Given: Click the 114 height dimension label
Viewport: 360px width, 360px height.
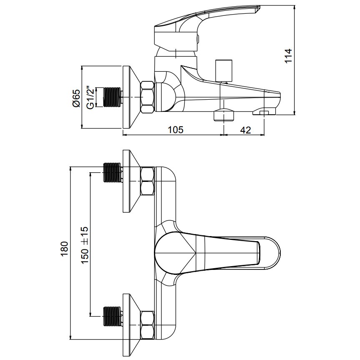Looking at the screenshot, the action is click(288, 55).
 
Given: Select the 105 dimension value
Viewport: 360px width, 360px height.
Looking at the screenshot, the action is click(176, 130).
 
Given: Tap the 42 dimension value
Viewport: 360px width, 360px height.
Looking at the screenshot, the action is click(245, 130).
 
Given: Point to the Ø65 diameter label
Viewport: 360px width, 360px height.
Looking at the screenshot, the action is click(76, 98).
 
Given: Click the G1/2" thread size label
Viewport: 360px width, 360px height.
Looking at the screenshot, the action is click(90, 97).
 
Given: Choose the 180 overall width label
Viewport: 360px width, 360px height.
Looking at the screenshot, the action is click(65, 249).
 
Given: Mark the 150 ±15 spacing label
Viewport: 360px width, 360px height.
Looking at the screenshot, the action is click(85, 245).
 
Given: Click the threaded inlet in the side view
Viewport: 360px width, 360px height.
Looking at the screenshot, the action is click(112, 97).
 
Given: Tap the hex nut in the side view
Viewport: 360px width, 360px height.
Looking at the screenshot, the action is click(147, 97).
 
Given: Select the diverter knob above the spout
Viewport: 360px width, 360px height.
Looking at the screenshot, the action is click(224, 70).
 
